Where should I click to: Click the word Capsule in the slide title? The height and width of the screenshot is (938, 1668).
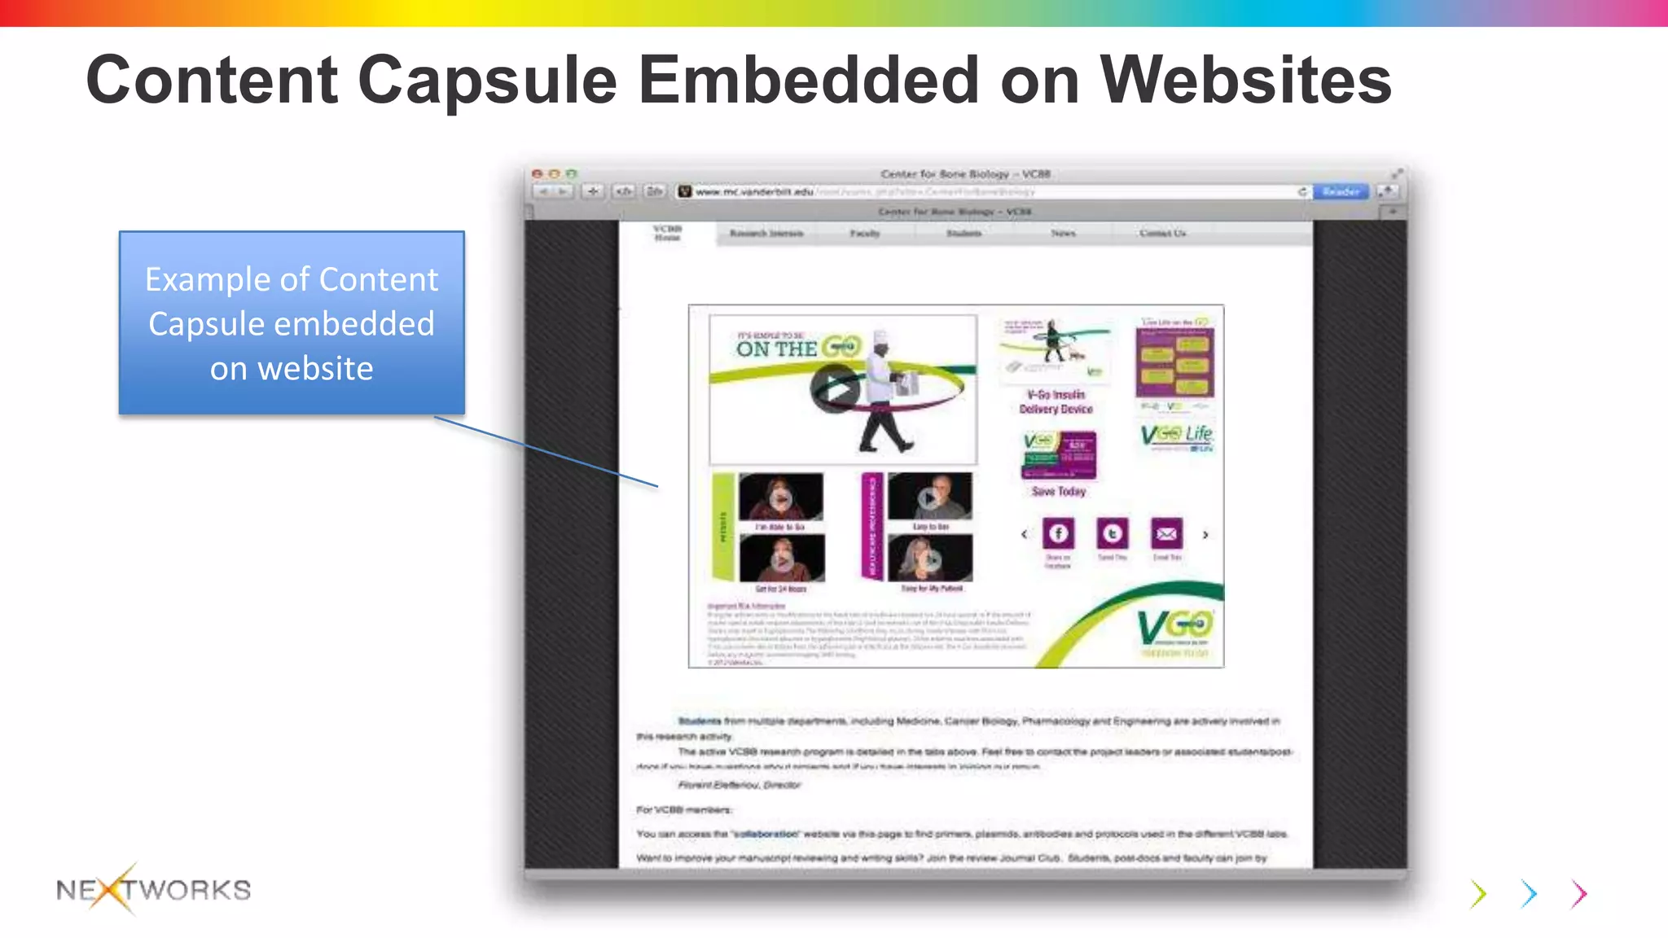[x=487, y=81]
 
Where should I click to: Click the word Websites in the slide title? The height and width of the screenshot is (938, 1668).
[x=1245, y=81]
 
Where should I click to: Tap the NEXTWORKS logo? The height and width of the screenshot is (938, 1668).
[x=154, y=889]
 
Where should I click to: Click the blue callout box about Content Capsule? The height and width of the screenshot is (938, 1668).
[x=292, y=323]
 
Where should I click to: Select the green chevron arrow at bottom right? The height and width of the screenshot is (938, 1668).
[x=1479, y=894]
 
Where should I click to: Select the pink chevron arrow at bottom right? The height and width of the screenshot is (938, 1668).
[x=1579, y=894]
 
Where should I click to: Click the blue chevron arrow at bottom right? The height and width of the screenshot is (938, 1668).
[x=1529, y=894]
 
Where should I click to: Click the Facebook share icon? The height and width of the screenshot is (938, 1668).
[x=1058, y=533]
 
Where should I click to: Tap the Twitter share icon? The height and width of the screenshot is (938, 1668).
[x=1113, y=533]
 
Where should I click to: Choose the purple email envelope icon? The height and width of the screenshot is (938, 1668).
[x=1166, y=533]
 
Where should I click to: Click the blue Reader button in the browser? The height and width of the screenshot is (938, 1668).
[x=1341, y=191]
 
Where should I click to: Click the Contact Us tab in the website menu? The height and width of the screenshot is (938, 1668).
[x=1162, y=234]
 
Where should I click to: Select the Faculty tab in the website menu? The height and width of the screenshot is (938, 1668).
[x=865, y=234]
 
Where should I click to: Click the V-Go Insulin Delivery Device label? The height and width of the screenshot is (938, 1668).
[x=1056, y=401]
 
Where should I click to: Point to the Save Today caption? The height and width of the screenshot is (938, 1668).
[x=1059, y=492]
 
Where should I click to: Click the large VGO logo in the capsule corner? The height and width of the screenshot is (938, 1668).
[x=1174, y=628]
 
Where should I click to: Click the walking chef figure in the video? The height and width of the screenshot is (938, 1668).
[x=885, y=391]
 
